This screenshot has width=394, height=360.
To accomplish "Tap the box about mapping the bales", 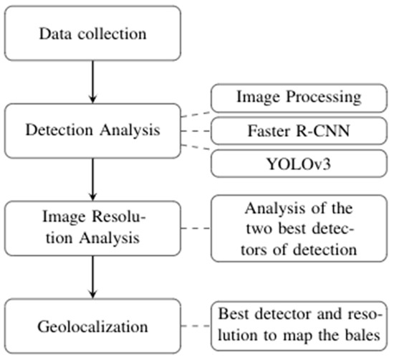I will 302,328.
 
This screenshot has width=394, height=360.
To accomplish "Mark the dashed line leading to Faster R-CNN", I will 196,131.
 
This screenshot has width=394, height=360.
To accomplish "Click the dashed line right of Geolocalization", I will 196,328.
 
